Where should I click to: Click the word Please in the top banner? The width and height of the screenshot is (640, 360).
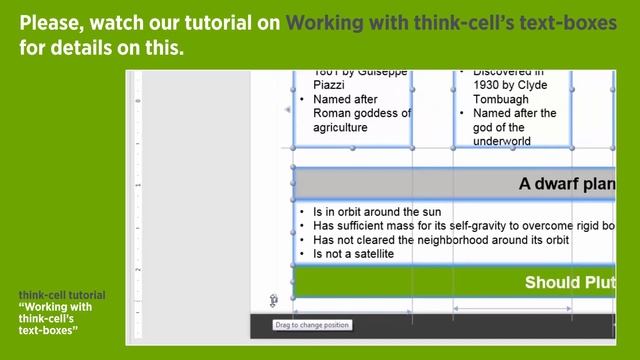point(52,22)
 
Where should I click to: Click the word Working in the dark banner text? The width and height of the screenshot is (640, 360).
point(323,22)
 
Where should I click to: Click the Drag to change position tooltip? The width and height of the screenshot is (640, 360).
point(312,325)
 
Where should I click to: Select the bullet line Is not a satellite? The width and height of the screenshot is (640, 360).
point(353,254)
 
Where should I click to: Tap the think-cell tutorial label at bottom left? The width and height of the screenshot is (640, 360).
point(61,295)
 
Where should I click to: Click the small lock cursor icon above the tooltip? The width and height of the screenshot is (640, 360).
point(273,300)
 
